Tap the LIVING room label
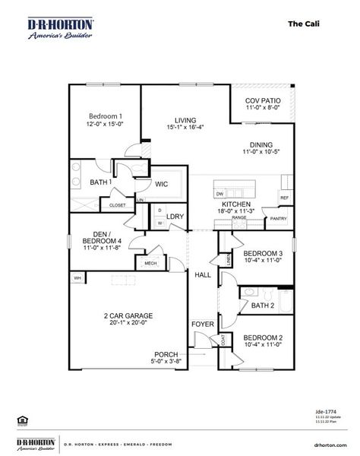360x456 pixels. (x=185, y=120)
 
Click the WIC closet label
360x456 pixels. (x=162, y=183)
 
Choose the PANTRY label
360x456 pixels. (x=278, y=219)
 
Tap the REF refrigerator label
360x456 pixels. (x=284, y=198)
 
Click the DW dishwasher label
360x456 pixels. (x=219, y=194)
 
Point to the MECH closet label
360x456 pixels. (x=150, y=264)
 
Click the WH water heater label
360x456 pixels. (x=77, y=279)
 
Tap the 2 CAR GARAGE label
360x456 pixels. (x=128, y=315)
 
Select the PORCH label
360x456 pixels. (x=166, y=354)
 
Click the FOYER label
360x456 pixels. (x=202, y=325)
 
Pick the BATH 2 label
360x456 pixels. (x=262, y=306)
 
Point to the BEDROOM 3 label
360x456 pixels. (x=264, y=253)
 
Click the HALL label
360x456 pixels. (x=202, y=274)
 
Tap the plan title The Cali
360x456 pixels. (x=303, y=24)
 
